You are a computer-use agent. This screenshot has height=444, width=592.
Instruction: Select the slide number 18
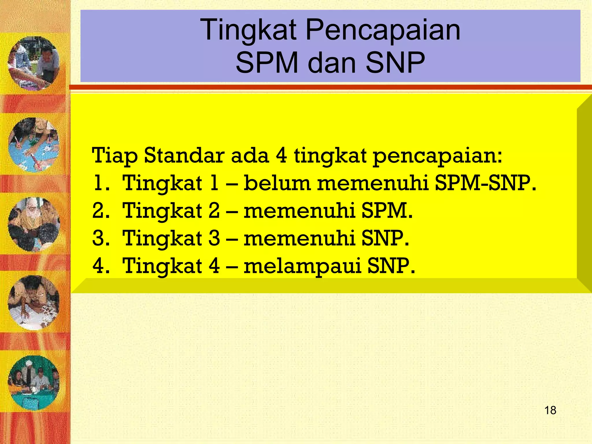[550, 410]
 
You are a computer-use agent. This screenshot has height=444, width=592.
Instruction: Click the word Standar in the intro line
[184, 156]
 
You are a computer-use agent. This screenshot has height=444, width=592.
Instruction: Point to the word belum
[277, 183]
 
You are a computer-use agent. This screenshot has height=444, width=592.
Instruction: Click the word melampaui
[302, 266]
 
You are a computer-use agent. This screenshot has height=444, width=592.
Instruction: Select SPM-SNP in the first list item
[485, 183]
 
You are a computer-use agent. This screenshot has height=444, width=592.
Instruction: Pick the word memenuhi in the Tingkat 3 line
[299, 238]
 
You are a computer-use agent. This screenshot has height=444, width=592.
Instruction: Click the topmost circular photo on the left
[34, 63]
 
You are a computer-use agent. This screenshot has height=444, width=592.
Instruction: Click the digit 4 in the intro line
[281, 156]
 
